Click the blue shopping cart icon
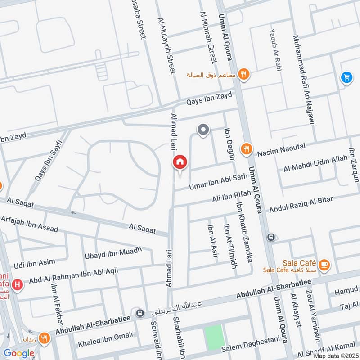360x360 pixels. point(346,77)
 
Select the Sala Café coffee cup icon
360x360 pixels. point(324,265)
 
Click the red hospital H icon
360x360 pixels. point(17,284)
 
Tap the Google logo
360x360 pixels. point(18,353)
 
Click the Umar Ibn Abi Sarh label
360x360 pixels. point(218,181)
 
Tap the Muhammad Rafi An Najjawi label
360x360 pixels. point(302,80)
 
